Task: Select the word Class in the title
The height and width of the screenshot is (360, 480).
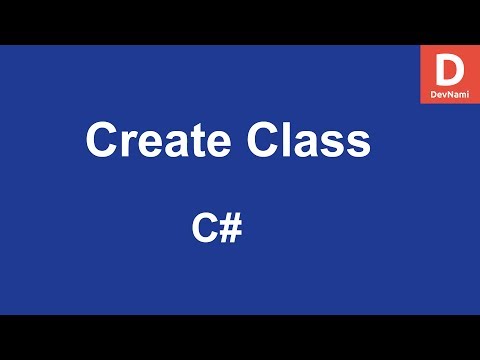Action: (x=305, y=140)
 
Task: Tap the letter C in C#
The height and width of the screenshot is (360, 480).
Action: (x=205, y=228)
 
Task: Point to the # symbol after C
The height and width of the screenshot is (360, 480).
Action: (x=230, y=228)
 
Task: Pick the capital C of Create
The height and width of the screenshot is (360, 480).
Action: (x=102, y=140)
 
